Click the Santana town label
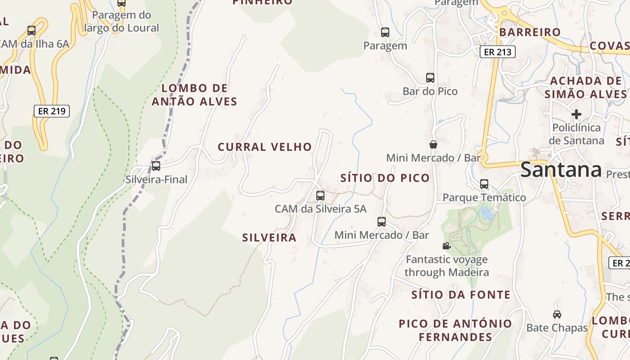561,170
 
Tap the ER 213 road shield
497,52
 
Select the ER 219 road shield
52,111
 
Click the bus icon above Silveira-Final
156,166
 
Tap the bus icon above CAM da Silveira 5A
320,195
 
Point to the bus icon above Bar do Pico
430,77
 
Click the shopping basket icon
433,144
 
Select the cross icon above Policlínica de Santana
576,114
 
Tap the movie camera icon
446,246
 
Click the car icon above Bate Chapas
557,314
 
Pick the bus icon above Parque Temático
484,184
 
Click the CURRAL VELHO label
265,147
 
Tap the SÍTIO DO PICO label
385,178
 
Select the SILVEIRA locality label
269,238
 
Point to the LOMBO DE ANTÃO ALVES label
194,94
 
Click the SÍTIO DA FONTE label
461,295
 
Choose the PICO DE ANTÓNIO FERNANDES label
455,330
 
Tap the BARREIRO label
530,32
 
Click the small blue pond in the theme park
486,213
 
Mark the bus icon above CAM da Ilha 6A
31,31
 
